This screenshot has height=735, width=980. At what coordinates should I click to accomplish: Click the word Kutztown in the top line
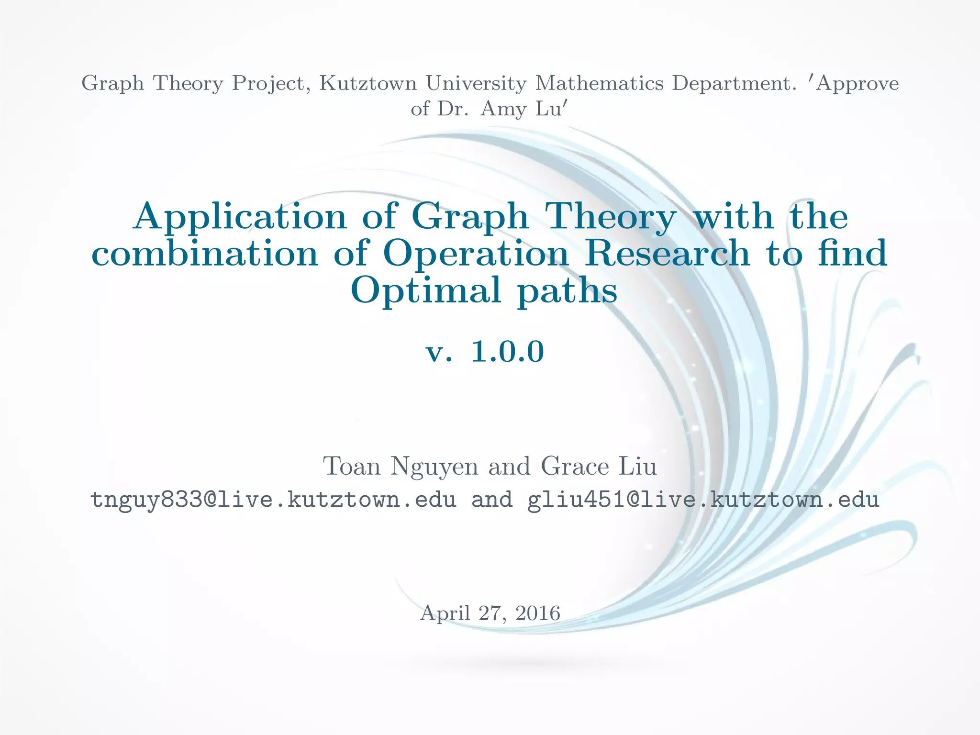pos(367,83)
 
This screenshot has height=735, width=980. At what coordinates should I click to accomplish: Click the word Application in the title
pos(240,217)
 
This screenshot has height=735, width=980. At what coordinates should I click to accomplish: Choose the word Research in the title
pos(667,253)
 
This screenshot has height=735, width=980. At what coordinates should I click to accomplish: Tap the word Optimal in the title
pos(426,290)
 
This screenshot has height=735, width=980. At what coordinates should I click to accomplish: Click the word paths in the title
pos(568,290)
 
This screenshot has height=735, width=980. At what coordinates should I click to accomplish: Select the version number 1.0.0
pos(508,352)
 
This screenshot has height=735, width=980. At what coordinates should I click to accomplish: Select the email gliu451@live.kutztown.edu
pos(703,500)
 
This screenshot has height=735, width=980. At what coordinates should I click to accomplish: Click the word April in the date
pos(445,613)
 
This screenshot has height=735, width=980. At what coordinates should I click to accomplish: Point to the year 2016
pos(538,613)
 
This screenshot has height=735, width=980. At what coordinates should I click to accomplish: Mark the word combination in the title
pos(205,253)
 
